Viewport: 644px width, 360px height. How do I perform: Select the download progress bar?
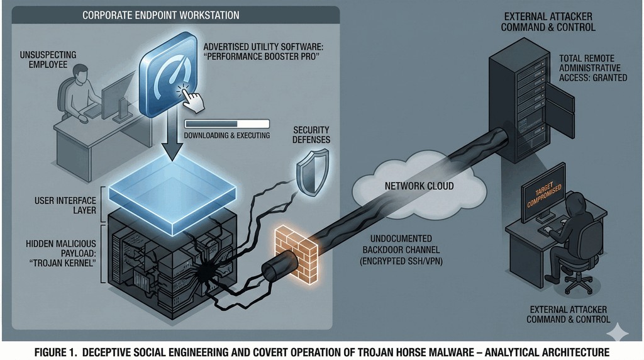coord(226,124)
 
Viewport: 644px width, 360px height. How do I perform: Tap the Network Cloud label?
coord(419,186)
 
